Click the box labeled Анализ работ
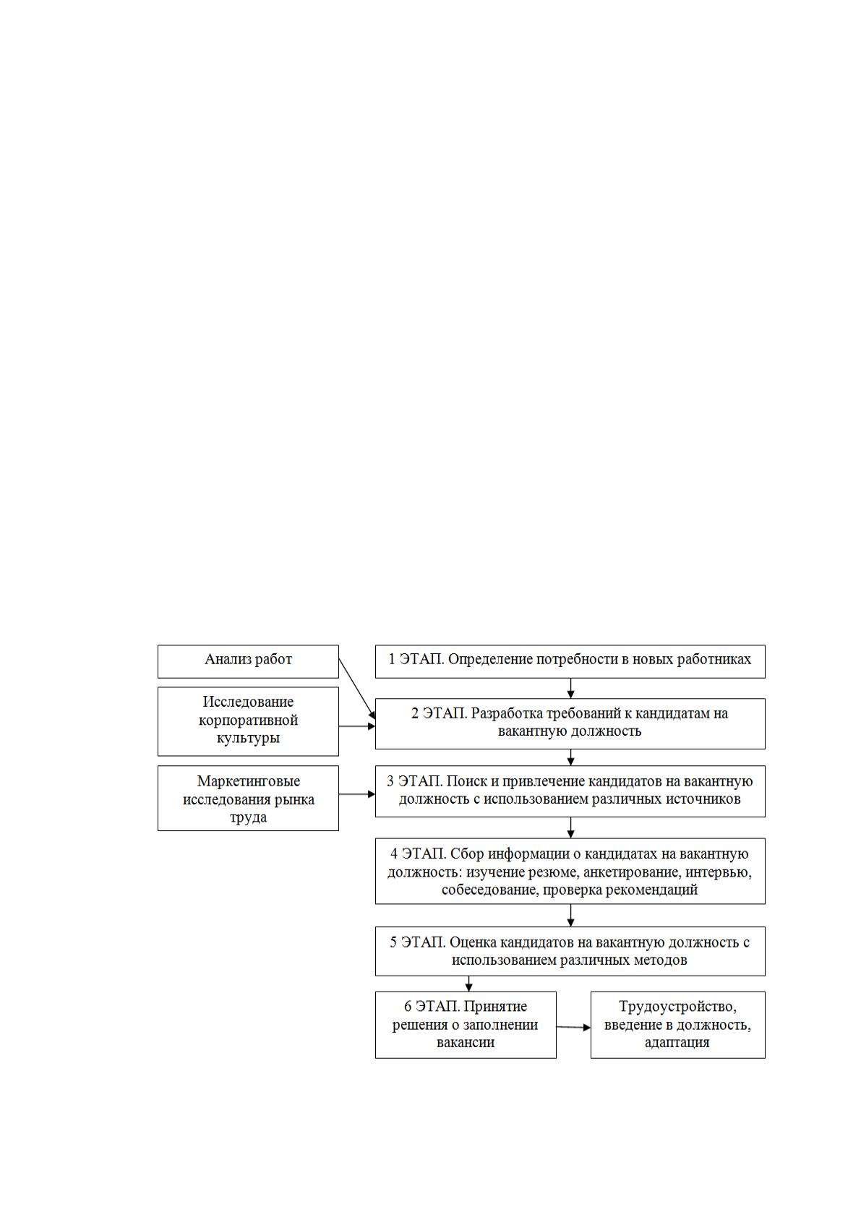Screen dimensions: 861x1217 248,661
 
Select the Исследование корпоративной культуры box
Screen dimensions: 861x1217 248,721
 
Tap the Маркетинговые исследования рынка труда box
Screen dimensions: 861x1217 248,798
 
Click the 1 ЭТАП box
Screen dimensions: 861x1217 570,661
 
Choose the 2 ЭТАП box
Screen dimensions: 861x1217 570,723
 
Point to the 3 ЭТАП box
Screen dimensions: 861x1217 570,791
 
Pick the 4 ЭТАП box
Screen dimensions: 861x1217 570,871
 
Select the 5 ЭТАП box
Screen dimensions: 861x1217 570,951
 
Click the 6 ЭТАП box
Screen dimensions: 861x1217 466,1025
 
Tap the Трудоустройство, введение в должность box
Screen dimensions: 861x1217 678,1025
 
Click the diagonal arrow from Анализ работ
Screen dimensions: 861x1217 357,689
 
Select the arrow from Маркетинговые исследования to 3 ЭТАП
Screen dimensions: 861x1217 357,794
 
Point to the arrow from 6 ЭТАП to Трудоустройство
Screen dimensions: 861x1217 573,1027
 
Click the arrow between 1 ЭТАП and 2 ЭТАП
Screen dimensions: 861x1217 570,688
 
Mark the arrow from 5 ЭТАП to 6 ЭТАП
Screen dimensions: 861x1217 468,984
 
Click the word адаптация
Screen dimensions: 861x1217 677,1043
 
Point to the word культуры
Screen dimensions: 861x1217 248,739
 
